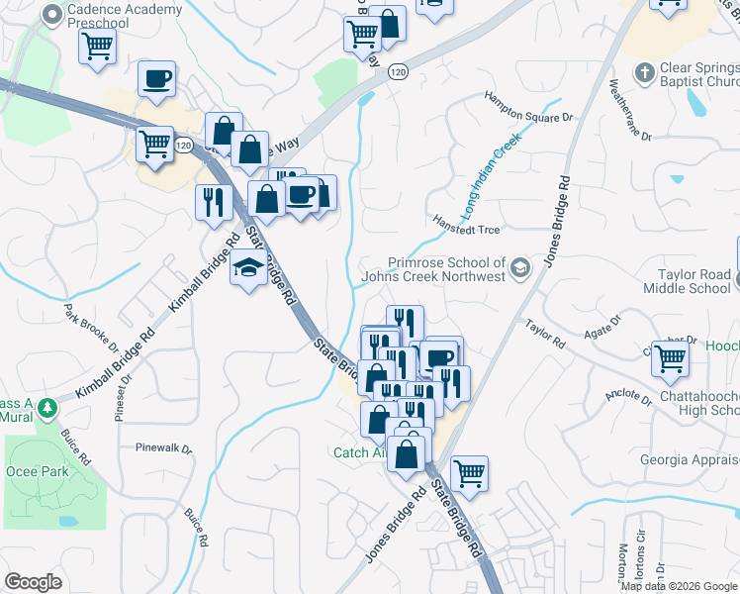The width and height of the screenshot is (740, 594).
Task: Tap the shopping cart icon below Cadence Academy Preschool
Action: coord(97,46)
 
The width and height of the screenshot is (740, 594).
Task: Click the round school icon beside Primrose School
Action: coord(519,266)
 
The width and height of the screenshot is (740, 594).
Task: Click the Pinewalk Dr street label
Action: coord(163,447)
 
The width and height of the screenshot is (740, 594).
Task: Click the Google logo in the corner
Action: coord(33,582)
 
